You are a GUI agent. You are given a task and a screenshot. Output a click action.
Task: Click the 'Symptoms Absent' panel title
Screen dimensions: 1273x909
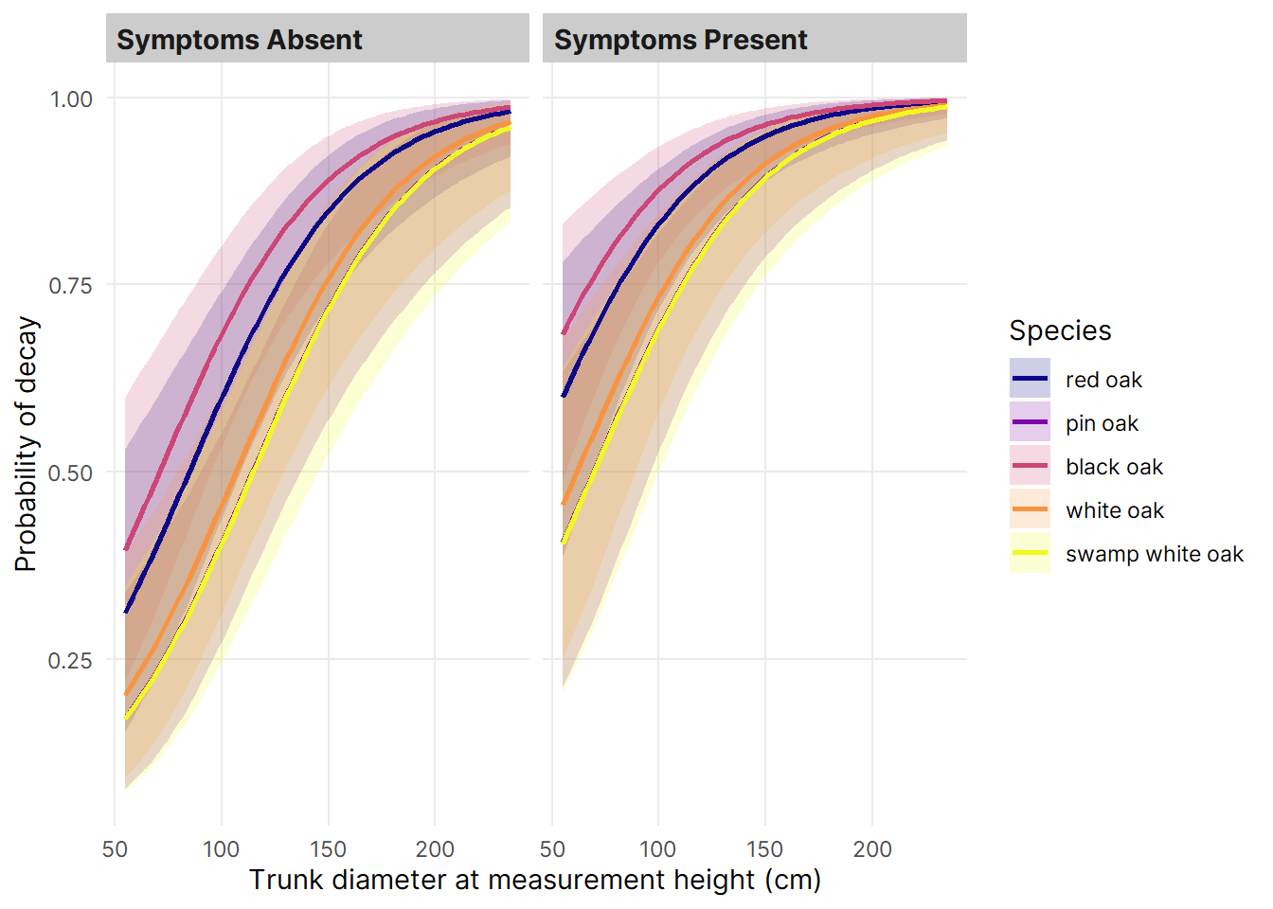click(240, 40)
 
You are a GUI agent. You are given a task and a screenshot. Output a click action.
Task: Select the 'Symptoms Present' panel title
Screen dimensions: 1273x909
click(680, 40)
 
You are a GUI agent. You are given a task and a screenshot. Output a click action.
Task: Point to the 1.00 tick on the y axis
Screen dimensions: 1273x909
click(71, 99)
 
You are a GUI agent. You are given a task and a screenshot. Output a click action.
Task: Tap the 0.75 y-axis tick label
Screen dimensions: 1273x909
click(71, 286)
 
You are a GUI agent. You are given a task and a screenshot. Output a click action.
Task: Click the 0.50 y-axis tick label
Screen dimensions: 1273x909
click(71, 473)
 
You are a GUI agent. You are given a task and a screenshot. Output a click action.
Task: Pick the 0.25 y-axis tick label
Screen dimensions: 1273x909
click(71, 661)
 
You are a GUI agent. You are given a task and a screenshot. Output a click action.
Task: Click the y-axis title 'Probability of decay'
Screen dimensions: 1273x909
click(27, 444)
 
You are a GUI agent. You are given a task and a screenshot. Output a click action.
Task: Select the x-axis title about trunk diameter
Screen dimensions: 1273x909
click(535, 880)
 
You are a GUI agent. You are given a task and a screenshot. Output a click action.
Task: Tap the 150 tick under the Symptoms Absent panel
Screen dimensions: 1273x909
click(328, 849)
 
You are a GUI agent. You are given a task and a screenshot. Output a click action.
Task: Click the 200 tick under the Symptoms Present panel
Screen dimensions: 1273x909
click(872, 849)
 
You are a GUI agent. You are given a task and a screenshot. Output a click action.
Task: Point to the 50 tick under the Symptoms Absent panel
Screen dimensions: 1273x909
click(115, 849)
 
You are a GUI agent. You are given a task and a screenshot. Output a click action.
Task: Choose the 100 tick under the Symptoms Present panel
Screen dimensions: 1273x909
click(658, 849)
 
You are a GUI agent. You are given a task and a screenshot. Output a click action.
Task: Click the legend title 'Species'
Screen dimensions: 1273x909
click(1060, 330)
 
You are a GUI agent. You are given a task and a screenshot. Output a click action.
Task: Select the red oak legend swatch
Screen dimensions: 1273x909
click(1030, 378)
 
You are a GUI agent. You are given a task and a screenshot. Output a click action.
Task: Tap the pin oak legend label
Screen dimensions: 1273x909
click(1102, 423)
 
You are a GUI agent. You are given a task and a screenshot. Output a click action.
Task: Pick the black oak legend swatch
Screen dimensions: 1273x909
click(1030, 465)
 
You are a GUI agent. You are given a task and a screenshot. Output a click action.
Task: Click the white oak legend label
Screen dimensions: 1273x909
click(1115, 510)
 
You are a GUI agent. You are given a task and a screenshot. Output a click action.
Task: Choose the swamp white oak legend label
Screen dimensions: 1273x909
click(1155, 554)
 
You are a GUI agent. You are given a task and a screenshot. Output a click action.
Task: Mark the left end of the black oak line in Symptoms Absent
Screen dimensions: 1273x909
click(126, 549)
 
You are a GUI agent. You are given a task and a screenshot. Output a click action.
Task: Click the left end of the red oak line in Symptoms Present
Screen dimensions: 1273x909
click(564, 395)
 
